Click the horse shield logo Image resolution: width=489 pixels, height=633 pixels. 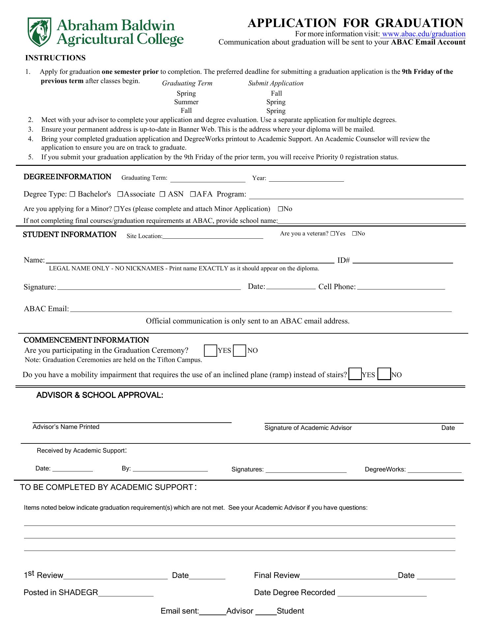point(39,32)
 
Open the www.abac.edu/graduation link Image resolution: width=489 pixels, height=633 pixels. point(423,34)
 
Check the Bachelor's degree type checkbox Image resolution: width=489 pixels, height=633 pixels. point(73,195)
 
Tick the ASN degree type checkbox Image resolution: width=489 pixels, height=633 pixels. point(162,195)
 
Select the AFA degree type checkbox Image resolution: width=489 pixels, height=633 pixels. point(193,195)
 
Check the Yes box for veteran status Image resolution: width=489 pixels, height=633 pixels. point(333,234)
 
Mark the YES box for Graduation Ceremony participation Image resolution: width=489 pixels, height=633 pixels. point(210,350)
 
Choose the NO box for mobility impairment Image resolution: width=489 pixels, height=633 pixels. point(384,375)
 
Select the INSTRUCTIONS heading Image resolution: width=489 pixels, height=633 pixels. point(55,58)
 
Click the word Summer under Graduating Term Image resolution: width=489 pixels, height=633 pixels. point(186,102)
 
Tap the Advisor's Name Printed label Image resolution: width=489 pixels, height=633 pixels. point(66,427)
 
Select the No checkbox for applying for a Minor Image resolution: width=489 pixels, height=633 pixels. point(280,209)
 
